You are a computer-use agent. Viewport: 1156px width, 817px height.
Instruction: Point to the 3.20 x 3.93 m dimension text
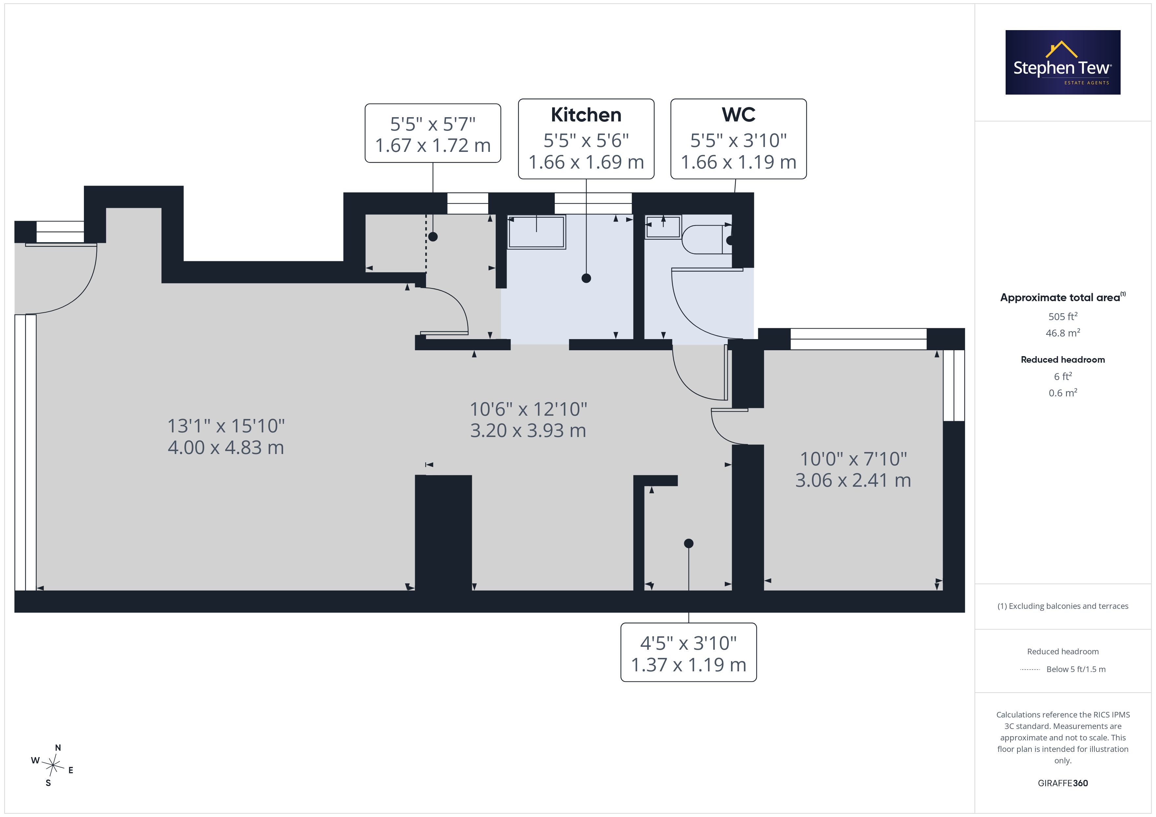pyautogui.click(x=528, y=431)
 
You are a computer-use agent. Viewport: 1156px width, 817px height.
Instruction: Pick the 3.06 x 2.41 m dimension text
pyautogui.click(x=853, y=480)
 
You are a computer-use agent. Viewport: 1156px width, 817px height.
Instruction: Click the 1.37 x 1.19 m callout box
pyautogui.click(x=688, y=652)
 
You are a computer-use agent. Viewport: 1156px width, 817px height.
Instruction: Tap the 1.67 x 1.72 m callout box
pyautogui.click(x=433, y=133)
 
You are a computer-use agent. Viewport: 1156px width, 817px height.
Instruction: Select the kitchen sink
pyautogui.click(x=536, y=232)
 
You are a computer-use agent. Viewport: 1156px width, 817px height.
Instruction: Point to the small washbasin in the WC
pyautogui.click(x=664, y=227)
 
